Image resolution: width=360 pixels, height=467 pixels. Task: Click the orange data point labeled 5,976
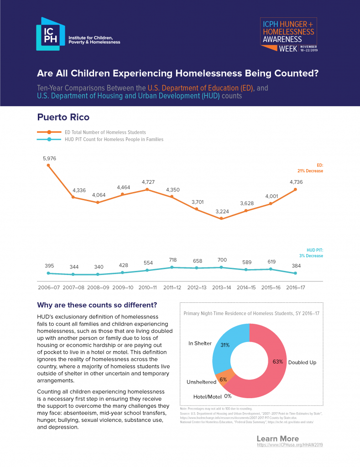pyautogui.click(x=48, y=165)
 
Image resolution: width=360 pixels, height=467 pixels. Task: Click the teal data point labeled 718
pyautogui.click(x=172, y=267)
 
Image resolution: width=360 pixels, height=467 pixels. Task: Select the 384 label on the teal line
pyautogui.click(x=295, y=266)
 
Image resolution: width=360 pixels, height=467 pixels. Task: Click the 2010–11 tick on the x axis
pyautogui.click(x=147, y=288)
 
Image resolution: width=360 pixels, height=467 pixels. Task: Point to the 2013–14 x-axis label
pyautogui.click(x=221, y=288)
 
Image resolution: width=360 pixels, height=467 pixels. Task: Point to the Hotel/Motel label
pyautogui.click(x=206, y=396)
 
